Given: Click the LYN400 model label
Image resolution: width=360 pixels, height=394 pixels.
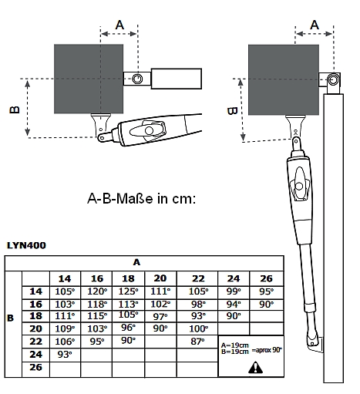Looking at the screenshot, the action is pyautogui.click(x=26, y=245).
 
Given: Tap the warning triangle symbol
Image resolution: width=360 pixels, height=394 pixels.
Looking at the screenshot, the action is pyautogui.click(x=255, y=367).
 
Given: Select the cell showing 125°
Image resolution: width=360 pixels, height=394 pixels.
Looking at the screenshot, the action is pyautogui.click(x=128, y=291).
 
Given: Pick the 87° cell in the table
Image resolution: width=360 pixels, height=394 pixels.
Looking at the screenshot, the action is pyautogui.click(x=198, y=342).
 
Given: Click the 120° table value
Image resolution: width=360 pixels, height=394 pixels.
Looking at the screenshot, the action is pyautogui.click(x=97, y=291).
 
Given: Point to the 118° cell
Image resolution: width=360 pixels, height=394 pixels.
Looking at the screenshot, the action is pyautogui.click(x=97, y=305).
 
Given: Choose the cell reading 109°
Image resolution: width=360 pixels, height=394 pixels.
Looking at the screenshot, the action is pyautogui.click(x=65, y=328).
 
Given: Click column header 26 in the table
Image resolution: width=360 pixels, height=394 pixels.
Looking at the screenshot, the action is pyautogui.click(x=266, y=278).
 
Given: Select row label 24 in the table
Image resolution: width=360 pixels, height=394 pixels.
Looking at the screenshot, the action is pyautogui.click(x=35, y=355).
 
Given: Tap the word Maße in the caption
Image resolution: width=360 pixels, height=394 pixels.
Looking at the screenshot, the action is pyautogui.click(x=135, y=199).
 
